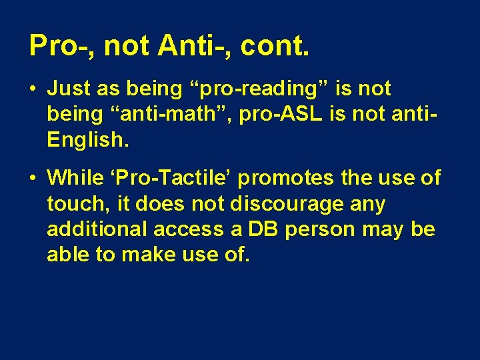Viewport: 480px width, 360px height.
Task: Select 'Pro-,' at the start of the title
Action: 61,45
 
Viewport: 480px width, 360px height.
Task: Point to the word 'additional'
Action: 97,229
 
